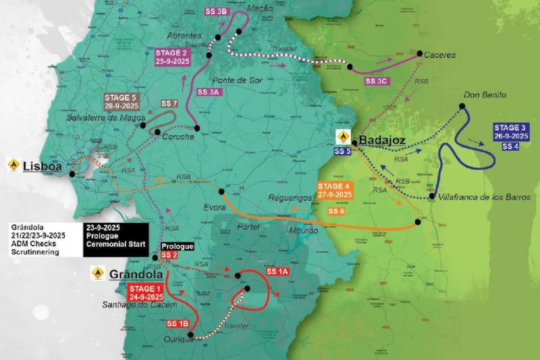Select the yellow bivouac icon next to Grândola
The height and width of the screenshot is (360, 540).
coord(97,274)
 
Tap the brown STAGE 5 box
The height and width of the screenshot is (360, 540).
coord(122,101)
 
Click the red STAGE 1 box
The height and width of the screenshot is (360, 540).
coord(146,292)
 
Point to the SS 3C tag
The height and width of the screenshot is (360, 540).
coord(377,80)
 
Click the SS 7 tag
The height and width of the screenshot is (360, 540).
coord(169,103)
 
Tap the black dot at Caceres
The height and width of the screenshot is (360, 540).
coord(419,53)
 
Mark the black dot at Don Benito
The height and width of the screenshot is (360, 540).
coord(462,105)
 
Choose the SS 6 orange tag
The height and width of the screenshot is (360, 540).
coord(337,211)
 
